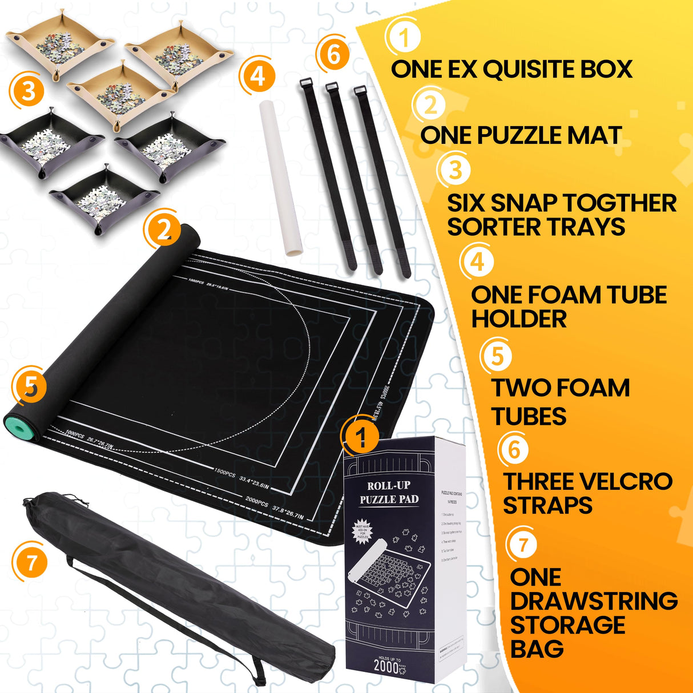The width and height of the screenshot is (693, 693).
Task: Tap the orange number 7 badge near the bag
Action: click(x=31, y=562)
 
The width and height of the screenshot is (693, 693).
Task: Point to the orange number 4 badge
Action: click(x=258, y=76)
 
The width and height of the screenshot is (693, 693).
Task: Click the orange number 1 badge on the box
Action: click(x=360, y=438)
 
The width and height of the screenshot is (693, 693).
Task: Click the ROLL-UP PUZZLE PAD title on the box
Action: click(x=389, y=493)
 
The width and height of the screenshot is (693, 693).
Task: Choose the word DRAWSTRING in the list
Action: click(x=594, y=601)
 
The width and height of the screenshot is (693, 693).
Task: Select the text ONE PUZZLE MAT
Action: click(x=521, y=136)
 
